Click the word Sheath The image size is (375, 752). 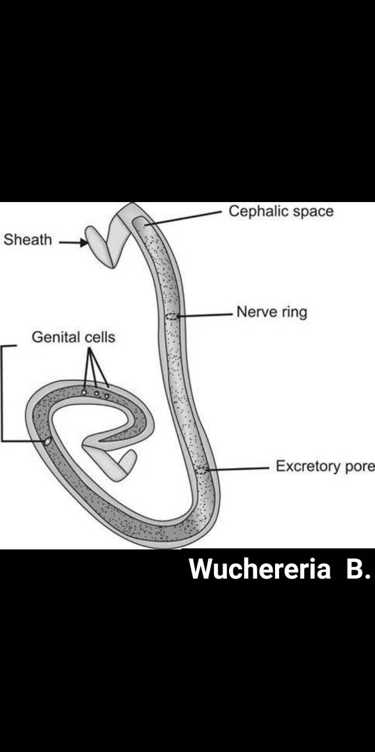pos(28,240)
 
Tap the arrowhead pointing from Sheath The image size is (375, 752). pos(83,242)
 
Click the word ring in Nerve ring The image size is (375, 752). pos(294,312)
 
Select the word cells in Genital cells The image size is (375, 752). pos(99,337)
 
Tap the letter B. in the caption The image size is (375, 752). pos(358,569)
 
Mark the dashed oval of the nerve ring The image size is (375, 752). pos(171,316)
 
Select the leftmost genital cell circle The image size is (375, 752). pos(84,392)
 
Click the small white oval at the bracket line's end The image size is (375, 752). pos(48,441)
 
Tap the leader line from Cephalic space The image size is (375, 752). pos(183,219)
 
